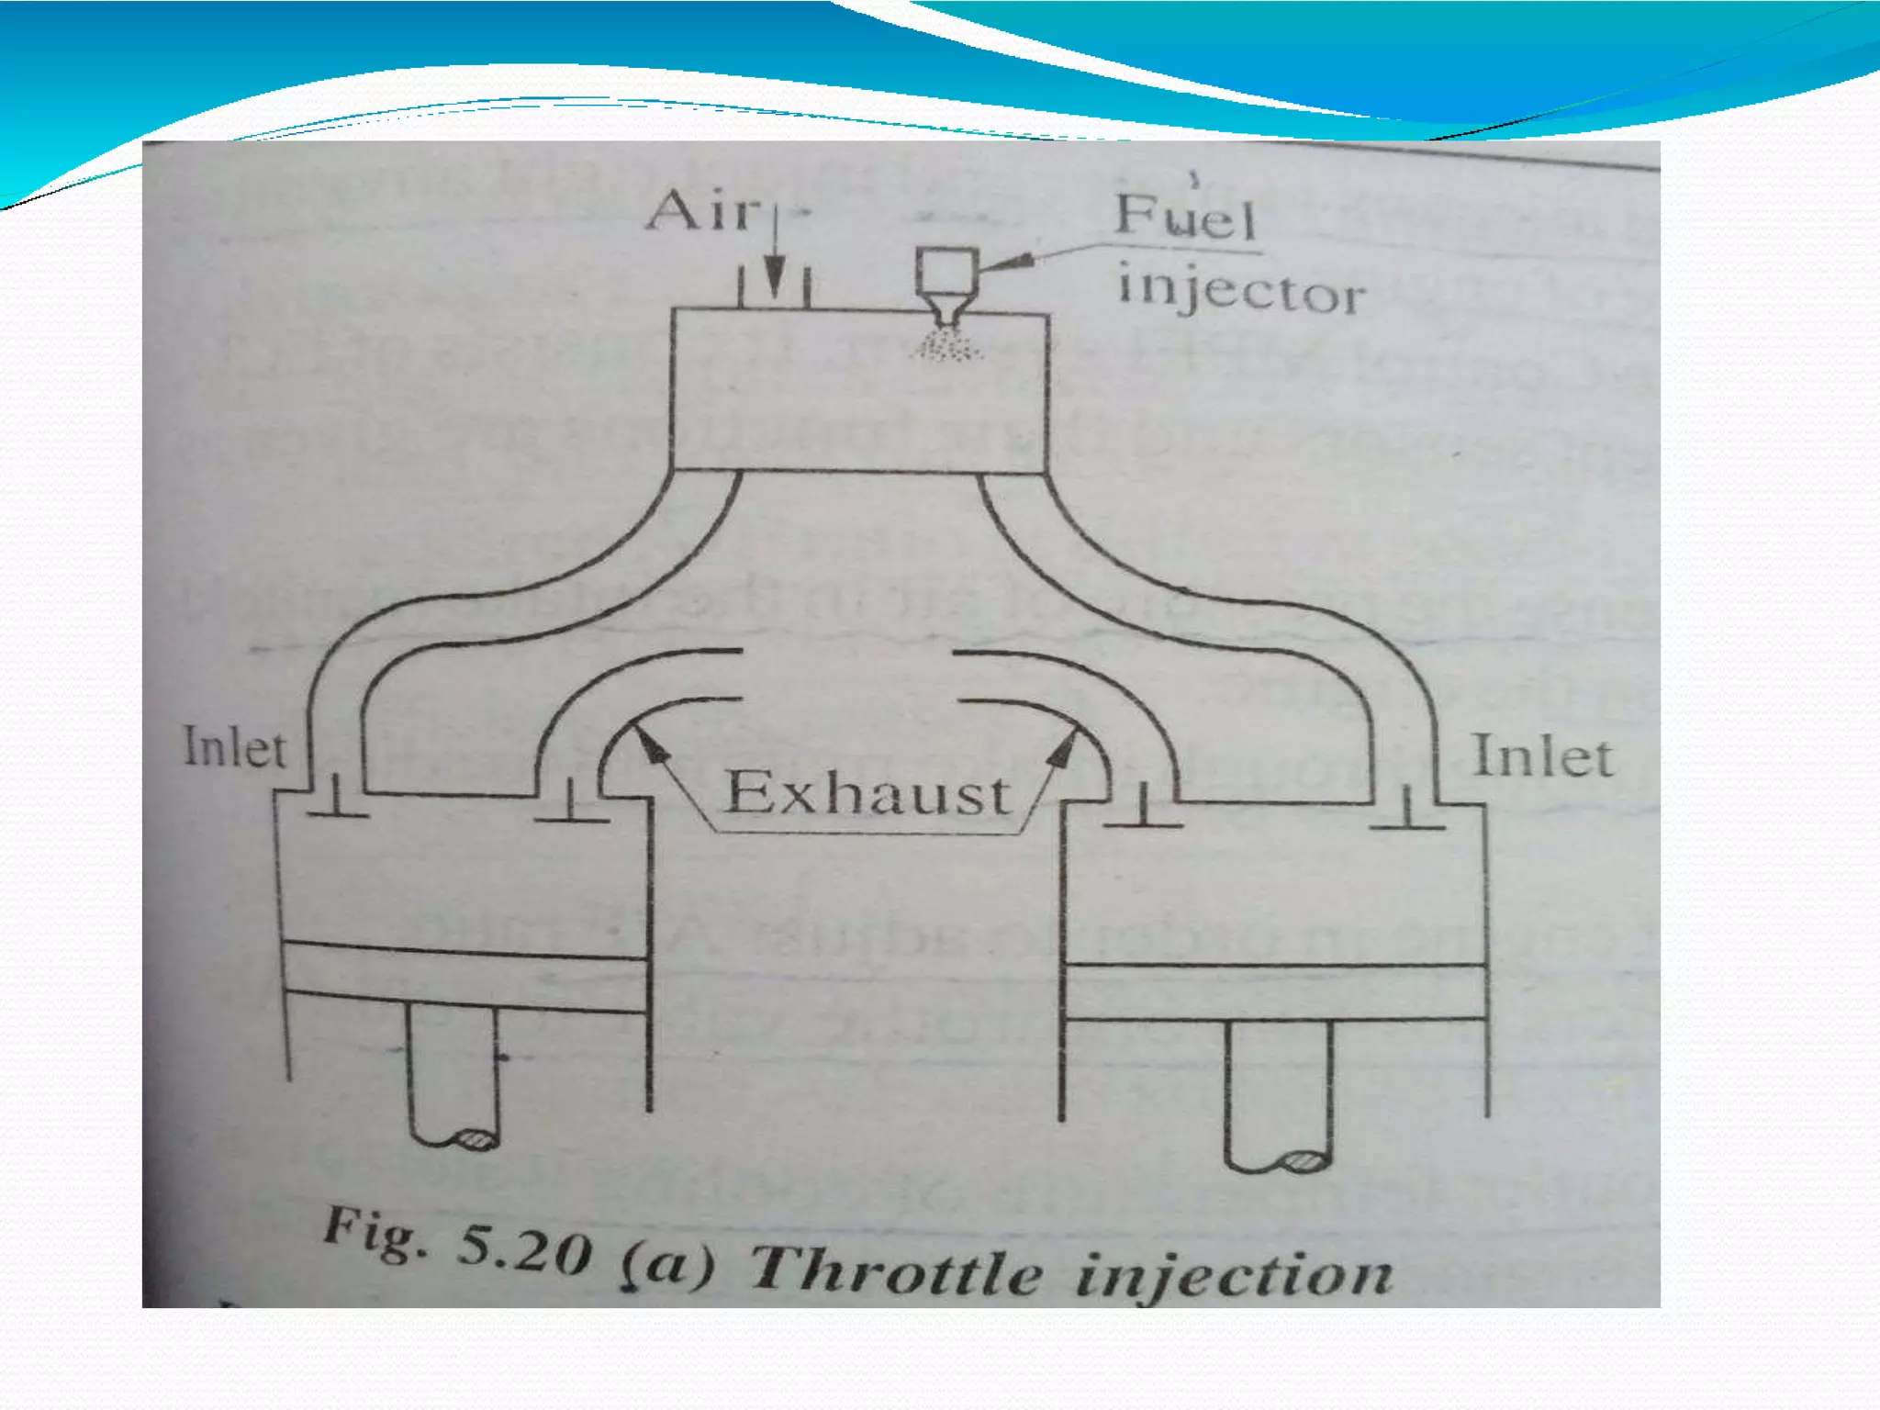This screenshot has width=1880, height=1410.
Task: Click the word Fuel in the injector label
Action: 1184,217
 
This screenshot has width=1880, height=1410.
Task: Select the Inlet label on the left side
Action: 235,747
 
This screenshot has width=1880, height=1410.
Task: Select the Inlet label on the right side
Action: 1542,758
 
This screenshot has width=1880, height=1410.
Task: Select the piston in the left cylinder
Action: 464,978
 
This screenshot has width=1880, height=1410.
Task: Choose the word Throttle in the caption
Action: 895,1271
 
